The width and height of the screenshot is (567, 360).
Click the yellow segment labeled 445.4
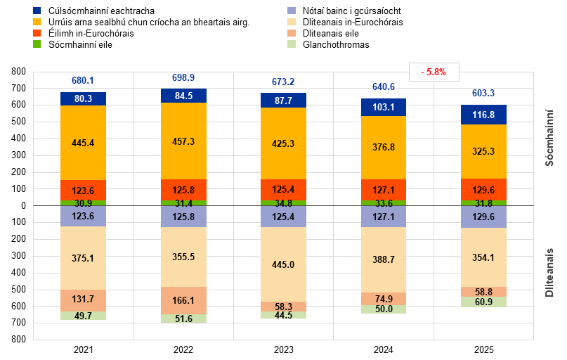(83, 143)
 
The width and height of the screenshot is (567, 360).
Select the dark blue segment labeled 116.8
(484, 115)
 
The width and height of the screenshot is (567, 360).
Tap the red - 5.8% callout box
(434, 72)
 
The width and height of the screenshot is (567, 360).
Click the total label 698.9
(183, 77)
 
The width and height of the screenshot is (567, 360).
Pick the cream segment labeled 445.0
(283, 264)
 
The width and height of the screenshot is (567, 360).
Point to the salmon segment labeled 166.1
(183, 300)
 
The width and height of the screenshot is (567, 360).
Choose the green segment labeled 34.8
(283, 203)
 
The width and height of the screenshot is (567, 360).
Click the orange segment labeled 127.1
(384, 190)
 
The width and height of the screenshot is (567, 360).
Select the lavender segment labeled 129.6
(484, 217)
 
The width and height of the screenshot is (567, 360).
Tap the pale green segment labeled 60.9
(484, 302)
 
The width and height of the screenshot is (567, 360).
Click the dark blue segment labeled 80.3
(83, 99)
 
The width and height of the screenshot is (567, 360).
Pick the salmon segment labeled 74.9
(384, 299)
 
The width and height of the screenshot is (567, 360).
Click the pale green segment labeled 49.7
(83, 316)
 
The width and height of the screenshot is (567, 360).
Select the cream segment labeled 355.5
(183, 257)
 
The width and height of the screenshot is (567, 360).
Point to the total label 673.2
(283, 82)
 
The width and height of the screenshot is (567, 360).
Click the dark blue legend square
(37, 11)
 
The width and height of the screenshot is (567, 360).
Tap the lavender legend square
(292, 11)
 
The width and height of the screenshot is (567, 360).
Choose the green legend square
(37, 44)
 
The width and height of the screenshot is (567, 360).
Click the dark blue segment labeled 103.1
(384, 108)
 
